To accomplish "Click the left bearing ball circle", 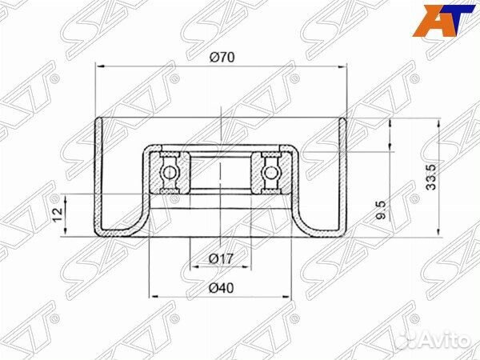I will [170, 171].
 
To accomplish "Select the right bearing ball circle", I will [271, 171].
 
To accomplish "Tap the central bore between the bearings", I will [220, 171].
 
